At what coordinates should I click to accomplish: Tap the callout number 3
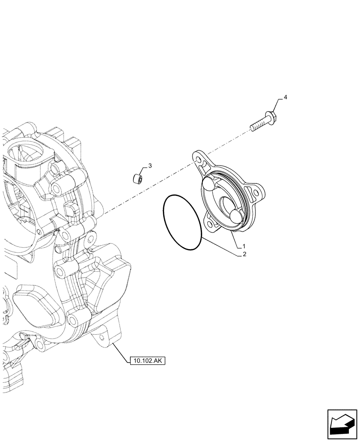[x=150, y=166]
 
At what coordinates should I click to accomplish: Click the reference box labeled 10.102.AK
[x=147, y=361]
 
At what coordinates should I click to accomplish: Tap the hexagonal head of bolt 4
[x=270, y=117]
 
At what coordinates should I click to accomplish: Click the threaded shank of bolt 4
[x=257, y=125]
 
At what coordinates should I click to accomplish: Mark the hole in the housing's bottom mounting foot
[x=102, y=337]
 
